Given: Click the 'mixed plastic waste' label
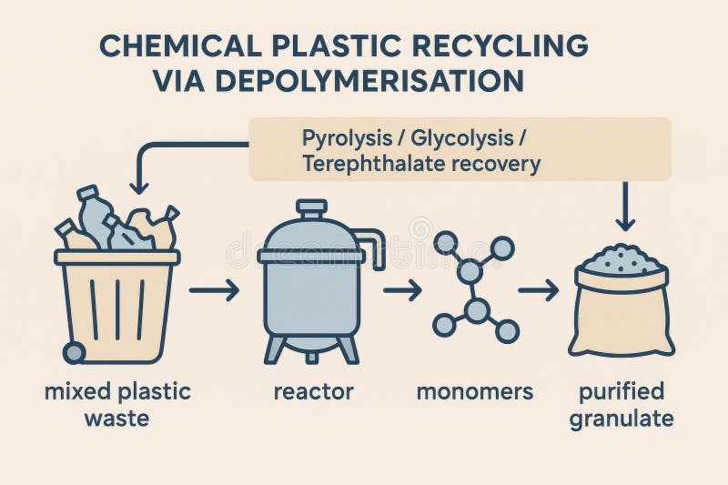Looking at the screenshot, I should [x=117, y=405].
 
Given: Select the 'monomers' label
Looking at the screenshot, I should [x=475, y=392].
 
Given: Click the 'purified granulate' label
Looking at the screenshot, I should [x=623, y=405].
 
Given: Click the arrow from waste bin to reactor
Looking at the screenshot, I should [x=214, y=291].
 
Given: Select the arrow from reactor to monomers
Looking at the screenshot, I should [x=402, y=291].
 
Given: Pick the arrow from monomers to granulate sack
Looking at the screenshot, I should [x=538, y=291].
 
